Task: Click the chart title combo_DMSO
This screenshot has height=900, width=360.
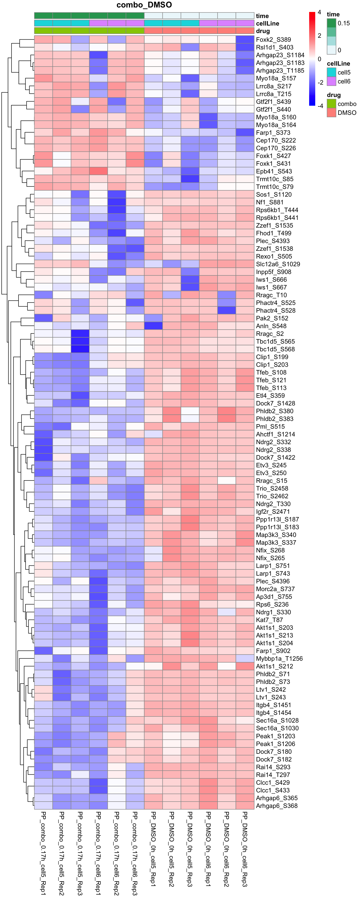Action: coord(144,5)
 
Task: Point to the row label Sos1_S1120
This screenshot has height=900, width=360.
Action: coord(274,195)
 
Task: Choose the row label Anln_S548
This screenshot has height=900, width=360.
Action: coord(271,326)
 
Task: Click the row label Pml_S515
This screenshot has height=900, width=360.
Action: coord(270,427)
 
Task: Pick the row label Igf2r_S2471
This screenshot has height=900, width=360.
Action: coord(273,511)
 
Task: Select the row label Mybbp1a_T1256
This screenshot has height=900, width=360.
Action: coord(279,659)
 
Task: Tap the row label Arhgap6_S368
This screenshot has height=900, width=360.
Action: coord(277,806)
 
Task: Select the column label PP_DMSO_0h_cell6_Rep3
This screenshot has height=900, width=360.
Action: coord(245,849)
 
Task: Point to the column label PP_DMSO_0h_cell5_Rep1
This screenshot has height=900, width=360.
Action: coord(153,849)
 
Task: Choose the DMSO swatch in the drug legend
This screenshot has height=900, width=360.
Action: coord(331,112)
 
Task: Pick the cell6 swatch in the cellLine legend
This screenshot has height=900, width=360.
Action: coord(331,81)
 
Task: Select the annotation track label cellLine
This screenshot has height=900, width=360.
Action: coord(267,23)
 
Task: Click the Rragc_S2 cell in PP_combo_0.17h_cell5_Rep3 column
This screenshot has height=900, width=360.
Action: coord(80,334)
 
